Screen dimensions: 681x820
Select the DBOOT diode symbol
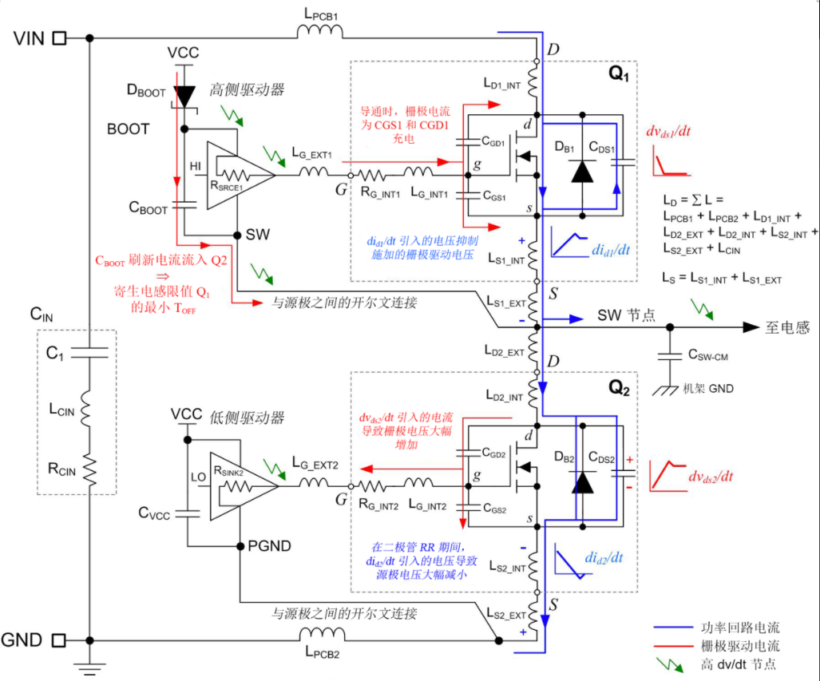tap(184, 97)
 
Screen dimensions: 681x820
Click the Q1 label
tap(619, 75)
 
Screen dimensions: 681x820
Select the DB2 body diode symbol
tap(583, 481)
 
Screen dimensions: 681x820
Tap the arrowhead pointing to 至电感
tap(750, 327)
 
